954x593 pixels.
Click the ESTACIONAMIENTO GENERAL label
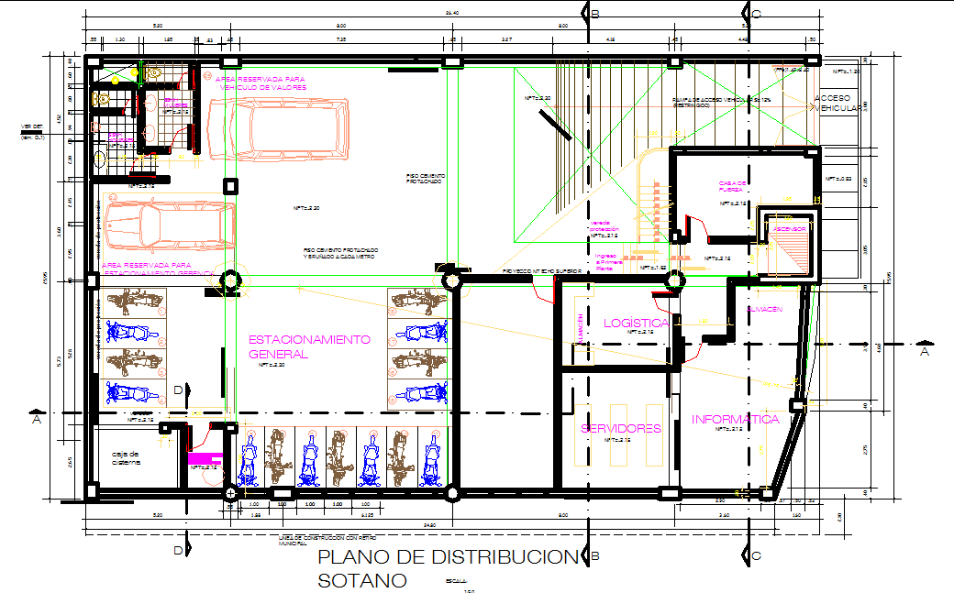click(x=309, y=346)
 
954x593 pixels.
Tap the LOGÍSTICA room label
click(x=636, y=323)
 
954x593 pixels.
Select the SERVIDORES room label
click(x=621, y=429)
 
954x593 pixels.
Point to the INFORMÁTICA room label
click(x=735, y=420)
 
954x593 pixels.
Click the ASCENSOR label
click(x=788, y=229)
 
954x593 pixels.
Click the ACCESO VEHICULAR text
click(x=835, y=103)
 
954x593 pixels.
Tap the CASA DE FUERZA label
click(x=733, y=186)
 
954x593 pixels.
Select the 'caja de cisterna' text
click(x=126, y=457)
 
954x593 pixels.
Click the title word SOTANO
click(x=362, y=580)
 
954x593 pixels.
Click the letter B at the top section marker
click(x=595, y=14)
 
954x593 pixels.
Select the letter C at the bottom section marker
click(x=756, y=555)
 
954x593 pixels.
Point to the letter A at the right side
click(x=924, y=350)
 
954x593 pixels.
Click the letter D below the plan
click(x=178, y=550)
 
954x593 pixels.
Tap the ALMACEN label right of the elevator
click(x=764, y=310)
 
